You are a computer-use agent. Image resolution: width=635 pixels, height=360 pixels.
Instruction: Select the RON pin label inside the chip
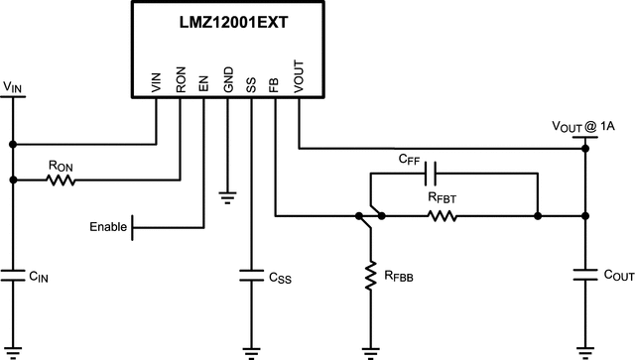coord(180,80)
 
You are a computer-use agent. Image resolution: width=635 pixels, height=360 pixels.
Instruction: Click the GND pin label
coord(227,80)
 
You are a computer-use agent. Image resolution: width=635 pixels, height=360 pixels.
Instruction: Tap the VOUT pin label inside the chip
coord(299,77)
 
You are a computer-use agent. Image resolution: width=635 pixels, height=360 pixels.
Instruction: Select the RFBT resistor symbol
coord(442,215)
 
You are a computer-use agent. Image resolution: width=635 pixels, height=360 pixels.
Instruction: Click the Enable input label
coord(108,227)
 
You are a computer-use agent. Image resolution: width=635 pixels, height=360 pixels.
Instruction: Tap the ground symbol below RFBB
coord(369,350)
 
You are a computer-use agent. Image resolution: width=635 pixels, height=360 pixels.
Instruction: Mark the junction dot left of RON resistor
coord(13,180)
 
